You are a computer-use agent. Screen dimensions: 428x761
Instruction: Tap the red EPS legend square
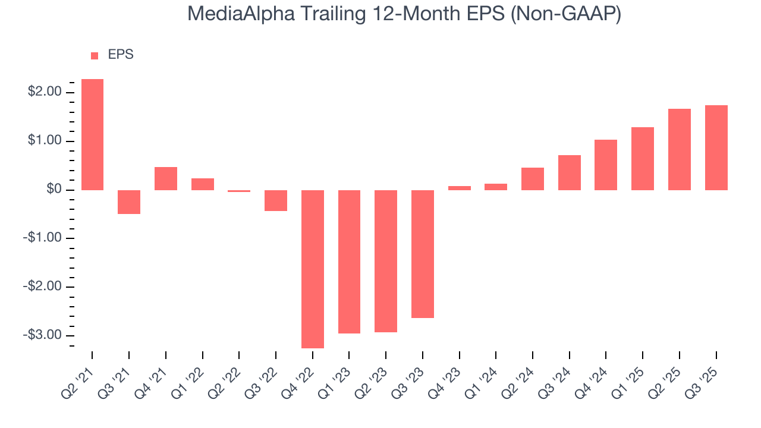[x=95, y=55]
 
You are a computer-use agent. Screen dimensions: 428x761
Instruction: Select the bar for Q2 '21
[x=92, y=134]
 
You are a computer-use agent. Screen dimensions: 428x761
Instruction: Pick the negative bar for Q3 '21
[x=129, y=202]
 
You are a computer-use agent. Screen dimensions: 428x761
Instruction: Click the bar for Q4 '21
[x=166, y=178]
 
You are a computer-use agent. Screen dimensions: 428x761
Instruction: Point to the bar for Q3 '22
[x=276, y=201]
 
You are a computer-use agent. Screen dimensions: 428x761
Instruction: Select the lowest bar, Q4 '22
[x=313, y=269]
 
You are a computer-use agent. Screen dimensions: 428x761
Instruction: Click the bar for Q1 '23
[x=349, y=262]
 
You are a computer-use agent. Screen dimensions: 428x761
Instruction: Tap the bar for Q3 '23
[x=423, y=254]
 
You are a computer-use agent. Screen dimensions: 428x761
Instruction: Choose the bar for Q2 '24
[x=533, y=179]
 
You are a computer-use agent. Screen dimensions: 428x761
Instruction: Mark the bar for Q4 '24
[x=606, y=165]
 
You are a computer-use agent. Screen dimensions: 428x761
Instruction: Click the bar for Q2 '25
[x=680, y=149]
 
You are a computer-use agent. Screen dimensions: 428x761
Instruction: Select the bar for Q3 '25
[x=716, y=147]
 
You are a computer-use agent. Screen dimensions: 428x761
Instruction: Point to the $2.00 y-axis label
[x=45, y=92]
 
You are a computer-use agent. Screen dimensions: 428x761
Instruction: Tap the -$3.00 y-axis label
[x=42, y=335]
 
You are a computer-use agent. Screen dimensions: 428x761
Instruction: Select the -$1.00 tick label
[x=42, y=238]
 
